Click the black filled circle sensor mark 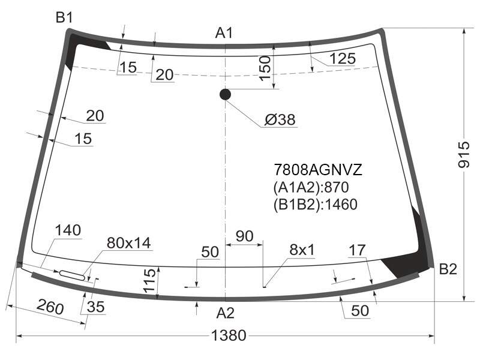coord(225,94)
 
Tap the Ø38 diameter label coord(280,119)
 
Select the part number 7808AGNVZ coord(318,170)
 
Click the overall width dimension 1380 coord(229,335)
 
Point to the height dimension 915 coord(464,154)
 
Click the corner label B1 coord(64,17)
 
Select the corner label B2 coord(448,269)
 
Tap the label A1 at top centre coord(224,33)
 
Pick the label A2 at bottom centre coord(226,313)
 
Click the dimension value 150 coord(265,68)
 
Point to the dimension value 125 coord(343,58)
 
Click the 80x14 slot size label coord(128,243)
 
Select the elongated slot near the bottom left coord(71,275)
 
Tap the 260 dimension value coord(50,307)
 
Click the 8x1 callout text coord(302,250)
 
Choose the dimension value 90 coord(245,236)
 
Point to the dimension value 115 coord(149,281)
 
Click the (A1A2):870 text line coord(311,187)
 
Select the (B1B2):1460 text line coord(316,204)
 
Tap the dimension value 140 coord(68,230)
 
